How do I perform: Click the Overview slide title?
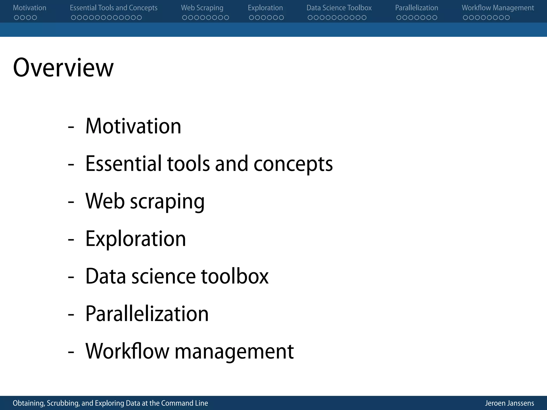click(x=63, y=68)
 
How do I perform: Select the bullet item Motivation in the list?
click(x=133, y=126)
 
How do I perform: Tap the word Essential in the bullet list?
click(x=124, y=163)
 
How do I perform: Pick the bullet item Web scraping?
click(x=145, y=201)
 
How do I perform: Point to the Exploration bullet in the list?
click(x=135, y=239)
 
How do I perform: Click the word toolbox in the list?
click(x=235, y=276)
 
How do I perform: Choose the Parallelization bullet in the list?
click(x=147, y=314)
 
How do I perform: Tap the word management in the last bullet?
click(x=234, y=352)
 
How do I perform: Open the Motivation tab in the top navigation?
click(x=29, y=8)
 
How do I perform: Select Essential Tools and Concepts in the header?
click(x=114, y=8)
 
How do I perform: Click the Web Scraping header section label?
click(x=202, y=8)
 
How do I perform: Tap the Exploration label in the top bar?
click(x=265, y=8)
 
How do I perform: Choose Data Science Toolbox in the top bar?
click(x=339, y=8)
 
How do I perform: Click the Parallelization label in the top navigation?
click(x=417, y=8)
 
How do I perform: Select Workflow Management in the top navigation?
click(x=498, y=8)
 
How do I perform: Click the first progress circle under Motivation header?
click(x=17, y=18)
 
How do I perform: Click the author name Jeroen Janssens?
click(x=509, y=403)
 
